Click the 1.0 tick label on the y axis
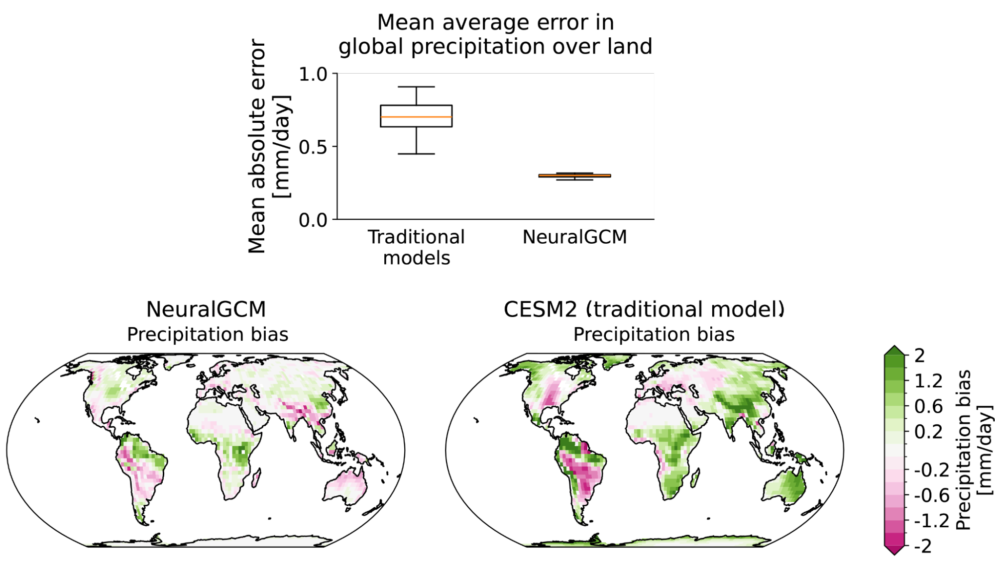tap(313, 74)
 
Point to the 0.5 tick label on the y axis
tap(313, 147)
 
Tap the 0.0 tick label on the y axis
tap(313, 220)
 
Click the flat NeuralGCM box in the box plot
tap(575, 176)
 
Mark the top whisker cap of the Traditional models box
tap(416, 87)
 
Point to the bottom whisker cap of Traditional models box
tap(416, 154)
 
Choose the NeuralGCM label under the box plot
tap(574, 237)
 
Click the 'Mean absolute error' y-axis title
tap(257, 147)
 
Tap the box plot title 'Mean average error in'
tap(495, 22)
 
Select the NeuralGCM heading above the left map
tap(206, 309)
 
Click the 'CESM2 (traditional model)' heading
tap(644, 309)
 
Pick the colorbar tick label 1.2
tap(928, 381)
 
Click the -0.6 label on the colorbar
tap(931, 495)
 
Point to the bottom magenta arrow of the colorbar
tap(894, 550)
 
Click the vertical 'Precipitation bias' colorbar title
tap(964, 450)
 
